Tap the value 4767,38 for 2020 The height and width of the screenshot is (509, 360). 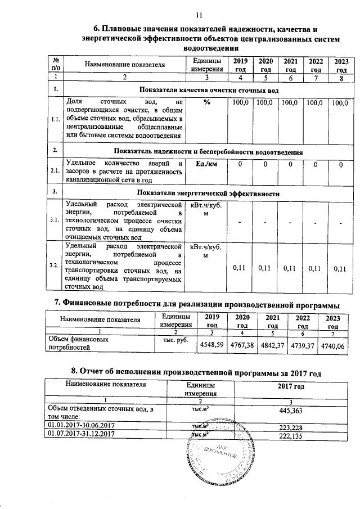pyautogui.click(x=238, y=345)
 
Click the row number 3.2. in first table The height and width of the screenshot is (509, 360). pyautogui.click(x=55, y=265)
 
